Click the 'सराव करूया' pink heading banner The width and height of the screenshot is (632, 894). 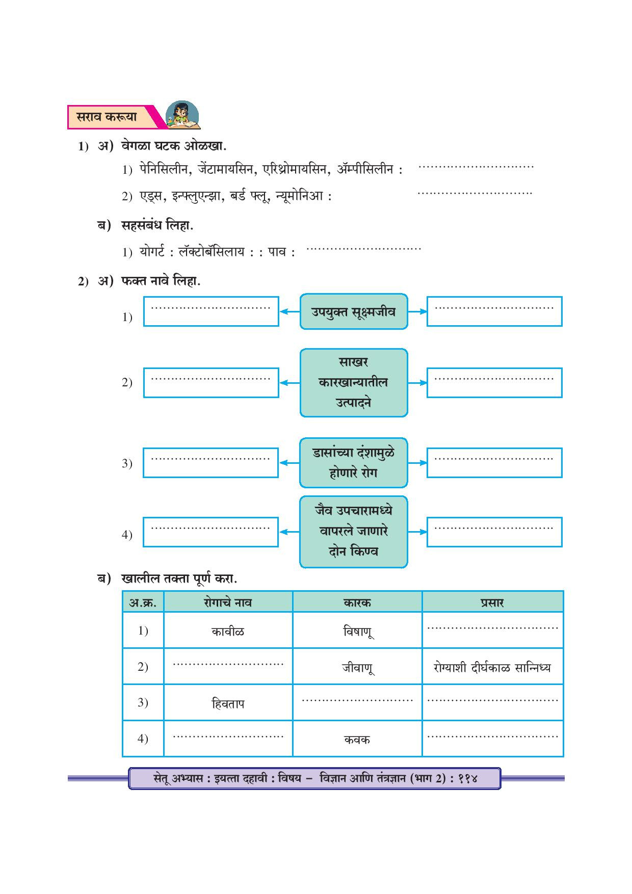pyautogui.click(x=110, y=117)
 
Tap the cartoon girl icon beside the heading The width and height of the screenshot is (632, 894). pyautogui.click(x=182, y=115)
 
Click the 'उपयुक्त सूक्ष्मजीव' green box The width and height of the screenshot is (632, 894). pyautogui.click(x=353, y=311)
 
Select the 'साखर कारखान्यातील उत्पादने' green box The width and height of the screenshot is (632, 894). pyautogui.click(x=353, y=382)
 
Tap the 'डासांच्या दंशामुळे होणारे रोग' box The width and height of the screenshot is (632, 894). pyautogui.click(x=353, y=462)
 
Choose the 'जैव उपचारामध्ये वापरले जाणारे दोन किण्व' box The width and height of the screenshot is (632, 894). pyautogui.click(x=353, y=531)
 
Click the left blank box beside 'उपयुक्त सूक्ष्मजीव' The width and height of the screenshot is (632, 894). pyautogui.click(x=211, y=311)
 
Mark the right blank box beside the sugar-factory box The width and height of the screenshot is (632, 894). pyautogui.click(x=494, y=382)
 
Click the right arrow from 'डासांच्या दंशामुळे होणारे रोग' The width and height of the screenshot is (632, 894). pyautogui.click(x=417, y=463)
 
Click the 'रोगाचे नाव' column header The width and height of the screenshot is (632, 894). pyautogui.click(x=228, y=602)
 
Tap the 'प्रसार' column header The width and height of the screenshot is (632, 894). pyautogui.click(x=492, y=602)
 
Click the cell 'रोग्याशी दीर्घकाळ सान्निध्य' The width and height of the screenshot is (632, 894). pyautogui.click(x=492, y=667)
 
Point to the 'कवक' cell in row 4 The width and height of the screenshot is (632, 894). pyautogui.click(x=357, y=740)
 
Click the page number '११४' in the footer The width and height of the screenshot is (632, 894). pyautogui.click(x=467, y=778)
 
